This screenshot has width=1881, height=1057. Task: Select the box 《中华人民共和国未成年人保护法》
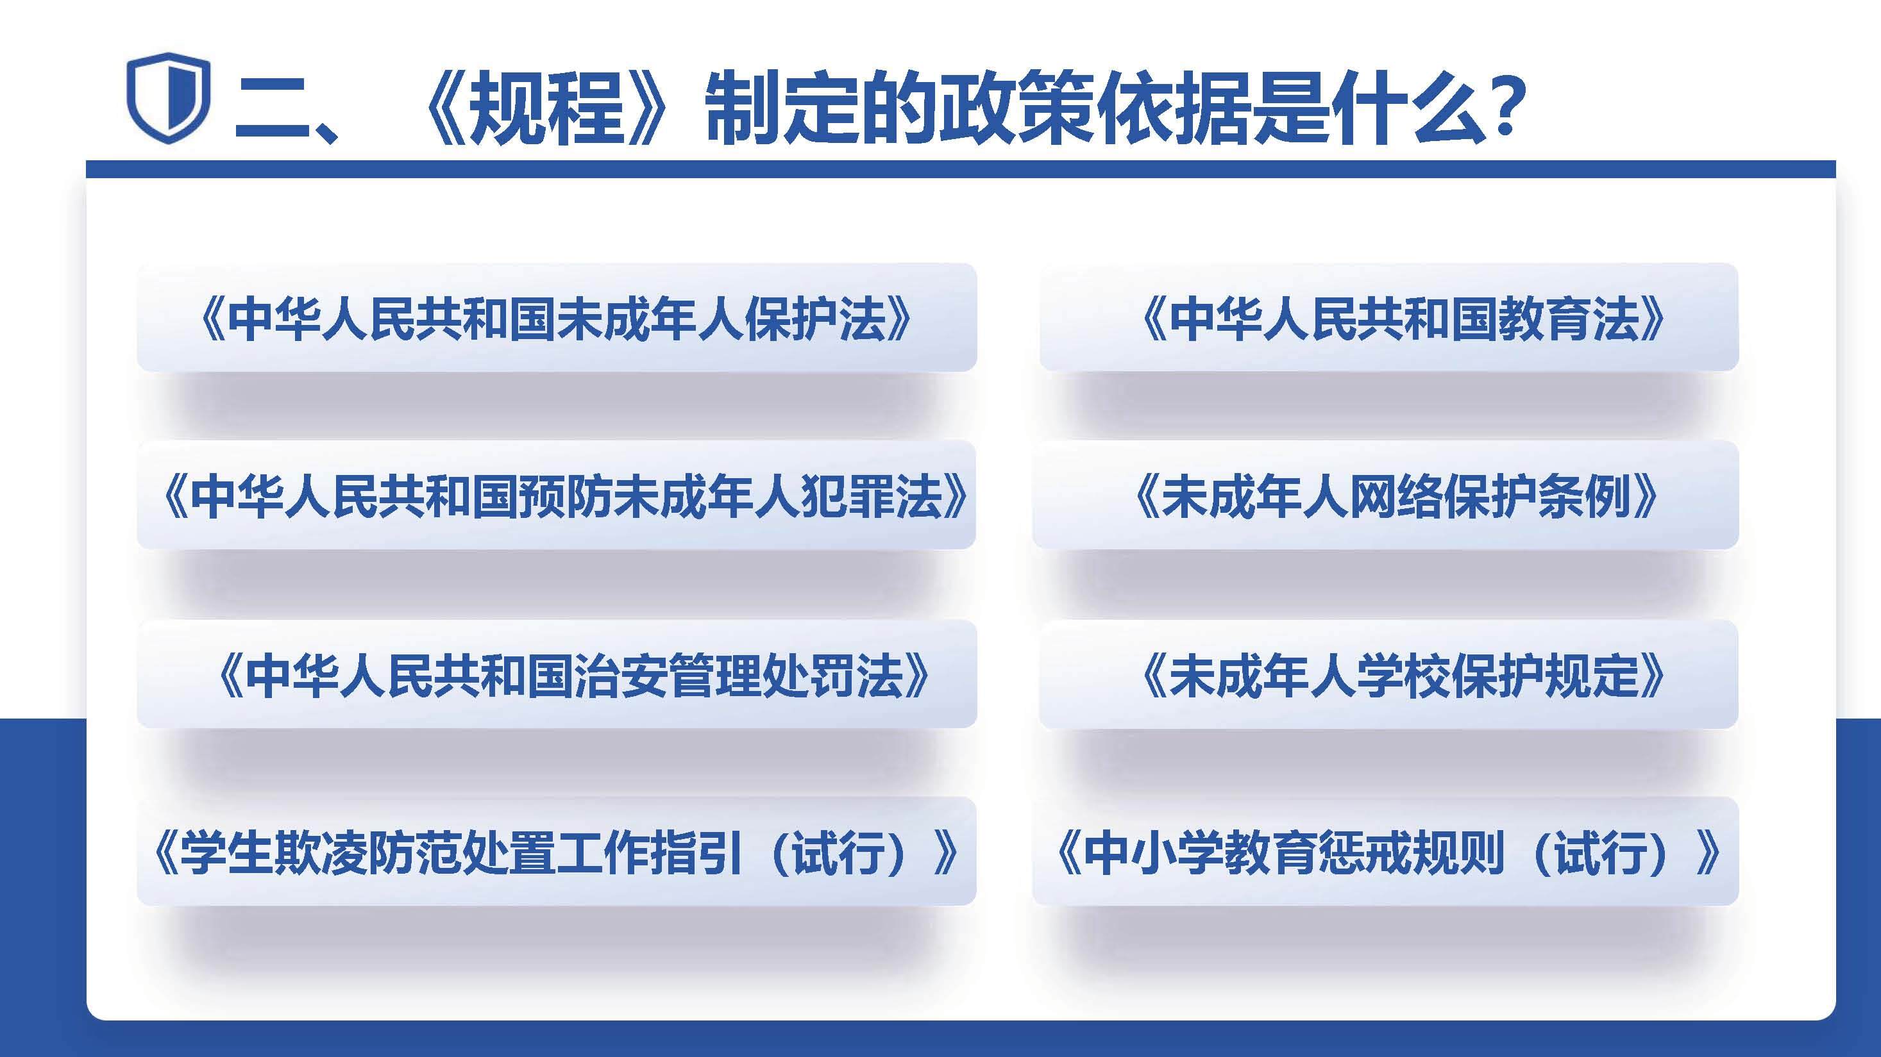point(557,317)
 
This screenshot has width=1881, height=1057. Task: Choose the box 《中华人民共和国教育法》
point(1389,317)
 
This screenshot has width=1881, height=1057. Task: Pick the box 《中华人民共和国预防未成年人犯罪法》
point(557,495)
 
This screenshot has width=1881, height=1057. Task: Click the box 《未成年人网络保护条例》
point(1385,495)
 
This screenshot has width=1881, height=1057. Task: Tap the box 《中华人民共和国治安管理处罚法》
point(557,674)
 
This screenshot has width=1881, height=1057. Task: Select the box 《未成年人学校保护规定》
point(1389,674)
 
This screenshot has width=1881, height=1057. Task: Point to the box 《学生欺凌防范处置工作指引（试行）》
point(557,852)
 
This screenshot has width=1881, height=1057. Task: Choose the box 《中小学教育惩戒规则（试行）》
point(1385,852)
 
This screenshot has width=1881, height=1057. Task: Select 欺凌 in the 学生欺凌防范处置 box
point(318,853)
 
